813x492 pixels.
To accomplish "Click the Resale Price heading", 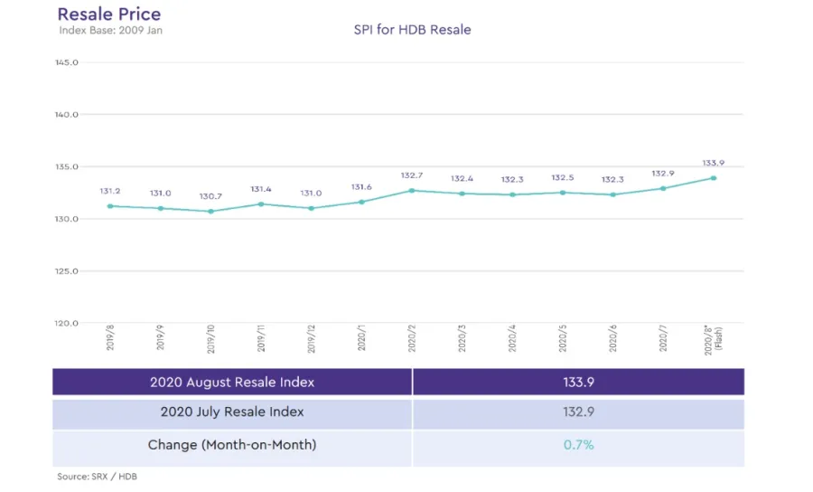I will tap(109, 14).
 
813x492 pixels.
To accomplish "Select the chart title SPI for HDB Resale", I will tap(412, 30).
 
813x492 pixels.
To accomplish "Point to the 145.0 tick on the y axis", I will tap(68, 62).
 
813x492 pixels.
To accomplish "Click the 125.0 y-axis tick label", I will tap(68, 271).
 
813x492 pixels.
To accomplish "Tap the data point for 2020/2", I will tap(412, 190).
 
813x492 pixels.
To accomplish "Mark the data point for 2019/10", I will tap(210, 212).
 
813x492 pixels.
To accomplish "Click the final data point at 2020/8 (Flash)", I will tap(714, 178).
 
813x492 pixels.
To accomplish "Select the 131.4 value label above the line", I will tap(261, 189).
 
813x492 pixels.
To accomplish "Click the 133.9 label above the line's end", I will tap(714, 163).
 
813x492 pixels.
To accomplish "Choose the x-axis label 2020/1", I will tap(362, 338).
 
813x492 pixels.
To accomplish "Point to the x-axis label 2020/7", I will tap(664, 338).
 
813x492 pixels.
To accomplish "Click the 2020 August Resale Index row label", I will tap(232, 382).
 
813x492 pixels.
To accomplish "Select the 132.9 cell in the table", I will tap(578, 412).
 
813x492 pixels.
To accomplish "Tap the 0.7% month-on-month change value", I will tap(578, 445).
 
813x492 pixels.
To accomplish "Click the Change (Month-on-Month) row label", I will tap(232, 445).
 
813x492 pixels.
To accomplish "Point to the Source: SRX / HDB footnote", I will tap(97, 476).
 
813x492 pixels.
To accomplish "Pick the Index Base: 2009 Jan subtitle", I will tap(110, 31).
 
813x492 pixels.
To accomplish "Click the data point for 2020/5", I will tap(563, 193).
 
